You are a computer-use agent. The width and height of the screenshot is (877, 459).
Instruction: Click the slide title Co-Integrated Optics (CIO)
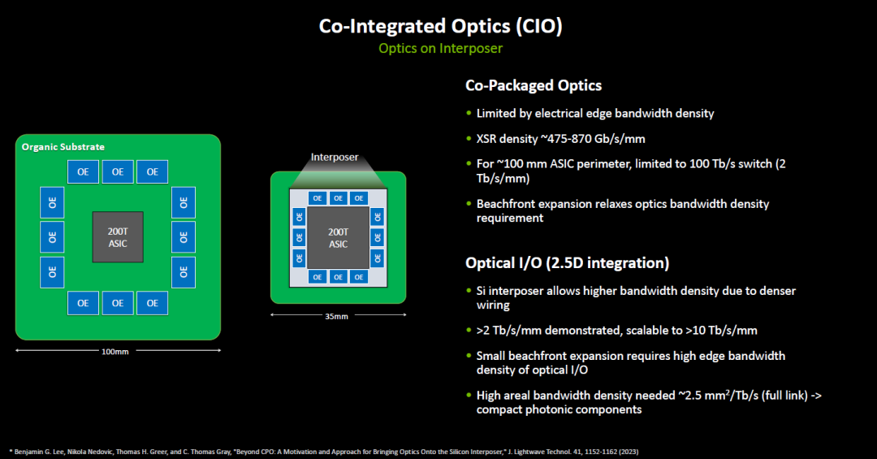(441, 26)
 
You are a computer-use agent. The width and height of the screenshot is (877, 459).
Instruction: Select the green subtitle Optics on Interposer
(441, 49)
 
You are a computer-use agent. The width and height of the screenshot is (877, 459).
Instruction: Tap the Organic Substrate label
(63, 147)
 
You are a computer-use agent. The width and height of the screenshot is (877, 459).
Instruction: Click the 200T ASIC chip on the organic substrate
(118, 237)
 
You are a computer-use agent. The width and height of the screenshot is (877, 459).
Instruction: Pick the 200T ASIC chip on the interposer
(339, 238)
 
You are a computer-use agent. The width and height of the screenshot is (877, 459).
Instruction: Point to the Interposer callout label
(335, 158)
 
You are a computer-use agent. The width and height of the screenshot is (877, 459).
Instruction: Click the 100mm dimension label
(115, 352)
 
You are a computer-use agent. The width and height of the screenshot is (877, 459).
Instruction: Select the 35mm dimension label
(337, 316)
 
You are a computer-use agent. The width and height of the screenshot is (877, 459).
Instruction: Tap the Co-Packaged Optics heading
(534, 85)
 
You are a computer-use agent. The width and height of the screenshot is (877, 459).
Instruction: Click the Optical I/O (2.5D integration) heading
(567, 263)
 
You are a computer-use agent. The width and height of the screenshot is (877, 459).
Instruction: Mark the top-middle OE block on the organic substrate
(118, 172)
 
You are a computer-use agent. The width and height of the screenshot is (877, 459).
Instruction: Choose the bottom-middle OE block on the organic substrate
(118, 303)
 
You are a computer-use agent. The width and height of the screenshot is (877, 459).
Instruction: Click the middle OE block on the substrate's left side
(52, 237)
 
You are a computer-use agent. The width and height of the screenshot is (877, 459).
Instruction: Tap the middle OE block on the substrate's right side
(184, 237)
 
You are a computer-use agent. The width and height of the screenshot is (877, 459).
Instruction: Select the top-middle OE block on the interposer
(339, 198)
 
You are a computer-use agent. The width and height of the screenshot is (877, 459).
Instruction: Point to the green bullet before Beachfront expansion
(469, 203)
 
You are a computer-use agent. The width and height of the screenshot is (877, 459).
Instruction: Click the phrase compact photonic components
(559, 409)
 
